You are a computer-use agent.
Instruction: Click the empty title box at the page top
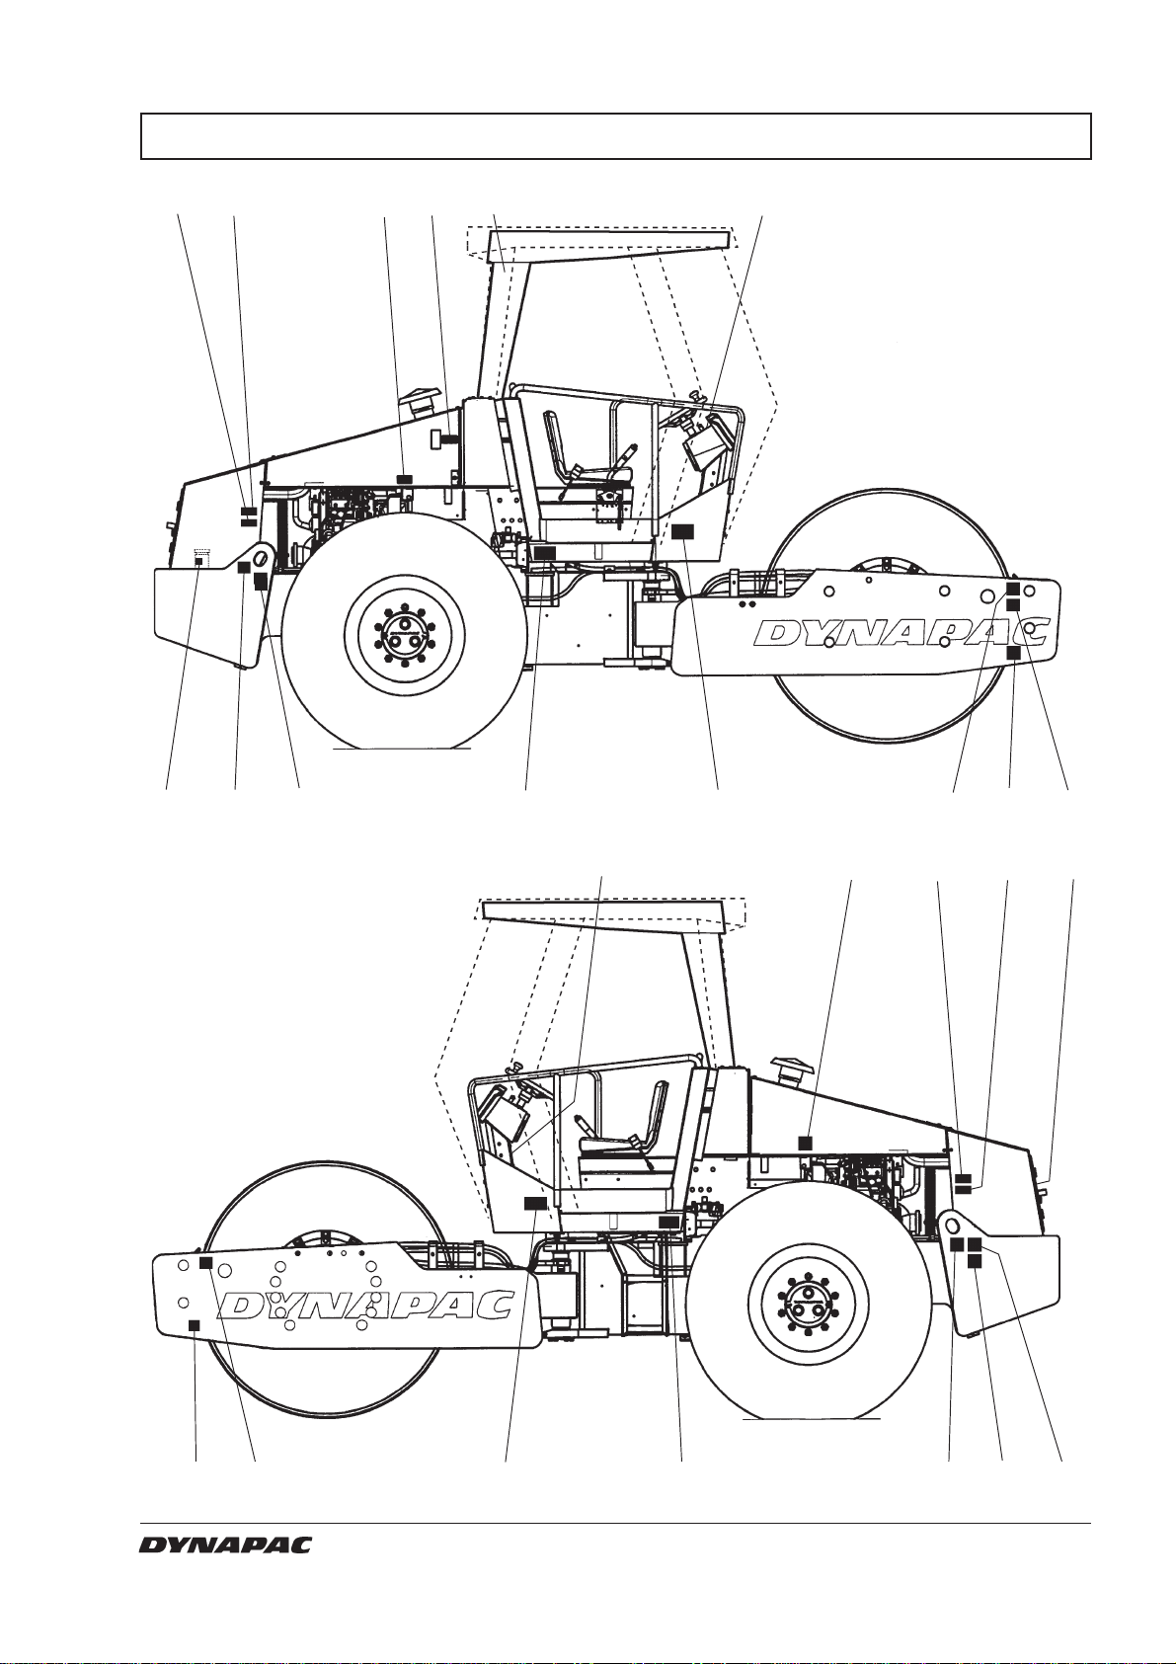pos(615,136)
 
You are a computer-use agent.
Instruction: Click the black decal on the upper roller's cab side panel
pos(682,531)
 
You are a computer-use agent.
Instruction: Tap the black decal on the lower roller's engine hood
pos(806,1141)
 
